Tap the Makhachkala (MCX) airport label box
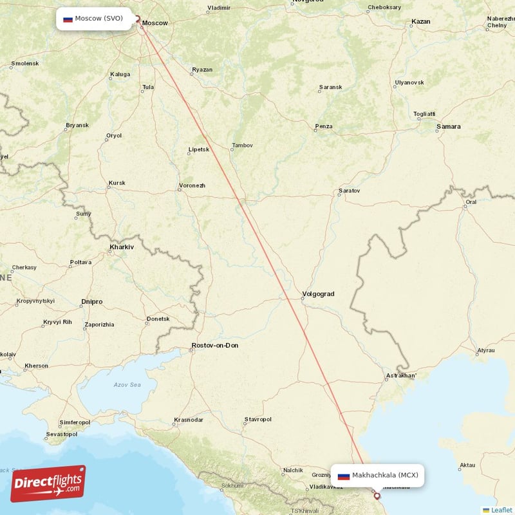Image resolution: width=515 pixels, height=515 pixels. click(378, 476)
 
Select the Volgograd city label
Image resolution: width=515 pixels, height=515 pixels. click(318, 294)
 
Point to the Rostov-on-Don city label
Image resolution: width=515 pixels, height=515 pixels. click(214, 346)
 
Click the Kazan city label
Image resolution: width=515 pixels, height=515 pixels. click(420, 22)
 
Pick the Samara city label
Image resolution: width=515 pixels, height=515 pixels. click(448, 127)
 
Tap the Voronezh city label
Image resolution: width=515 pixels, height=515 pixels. click(192, 186)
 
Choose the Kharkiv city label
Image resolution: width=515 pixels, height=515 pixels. click(122, 247)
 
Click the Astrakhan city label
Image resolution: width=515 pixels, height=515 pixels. click(400, 375)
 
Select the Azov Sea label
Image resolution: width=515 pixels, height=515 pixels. click(127, 385)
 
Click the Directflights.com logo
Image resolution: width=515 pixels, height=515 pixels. click(48, 483)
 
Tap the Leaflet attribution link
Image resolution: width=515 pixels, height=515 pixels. click(501, 510)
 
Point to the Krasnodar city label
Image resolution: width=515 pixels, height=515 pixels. click(189, 420)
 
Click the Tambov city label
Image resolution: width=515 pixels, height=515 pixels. click(243, 145)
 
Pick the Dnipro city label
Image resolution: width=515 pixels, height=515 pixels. click(92, 301)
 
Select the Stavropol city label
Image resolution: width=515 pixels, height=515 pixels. click(257, 420)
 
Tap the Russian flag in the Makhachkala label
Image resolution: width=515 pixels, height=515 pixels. click(344, 476)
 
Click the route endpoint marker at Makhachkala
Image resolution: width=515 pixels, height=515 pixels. click(377, 496)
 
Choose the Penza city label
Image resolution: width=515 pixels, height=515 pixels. click(324, 126)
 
